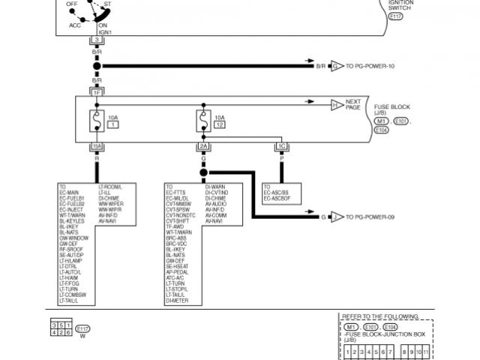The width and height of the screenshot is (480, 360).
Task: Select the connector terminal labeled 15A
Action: click(96, 146)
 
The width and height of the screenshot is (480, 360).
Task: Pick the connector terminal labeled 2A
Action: click(202, 146)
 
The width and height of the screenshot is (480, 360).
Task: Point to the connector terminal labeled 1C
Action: click(282, 146)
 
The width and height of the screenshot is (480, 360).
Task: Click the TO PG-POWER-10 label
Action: click(370, 66)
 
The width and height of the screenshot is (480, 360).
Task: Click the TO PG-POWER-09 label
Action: click(370, 217)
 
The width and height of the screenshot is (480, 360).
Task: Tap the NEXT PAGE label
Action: click(353, 104)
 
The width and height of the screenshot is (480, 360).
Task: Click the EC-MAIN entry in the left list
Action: click(70, 191)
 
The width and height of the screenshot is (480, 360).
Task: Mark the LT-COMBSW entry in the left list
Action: click(74, 295)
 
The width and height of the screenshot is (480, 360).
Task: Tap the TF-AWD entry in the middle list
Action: click(175, 227)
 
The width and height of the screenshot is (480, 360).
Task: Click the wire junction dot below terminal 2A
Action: click(202, 172)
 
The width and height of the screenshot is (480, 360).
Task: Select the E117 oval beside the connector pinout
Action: click(82, 328)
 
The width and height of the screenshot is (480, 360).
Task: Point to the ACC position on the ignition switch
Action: click(75, 24)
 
